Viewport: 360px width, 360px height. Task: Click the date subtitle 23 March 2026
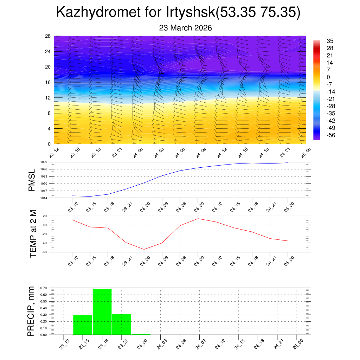point(185,28)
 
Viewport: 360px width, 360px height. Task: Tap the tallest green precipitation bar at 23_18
point(102,311)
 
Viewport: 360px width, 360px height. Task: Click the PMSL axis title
point(32,180)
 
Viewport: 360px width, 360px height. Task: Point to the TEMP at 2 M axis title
point(33,234)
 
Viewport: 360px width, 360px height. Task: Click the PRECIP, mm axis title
point(31,311)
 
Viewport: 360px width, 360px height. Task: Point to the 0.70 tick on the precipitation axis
point(44,288)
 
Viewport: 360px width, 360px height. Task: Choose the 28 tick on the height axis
point(48,36)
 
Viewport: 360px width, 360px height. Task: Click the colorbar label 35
point(330,40)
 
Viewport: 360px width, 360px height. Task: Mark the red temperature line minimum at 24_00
point(144,249)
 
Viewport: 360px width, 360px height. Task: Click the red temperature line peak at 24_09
point(198,219)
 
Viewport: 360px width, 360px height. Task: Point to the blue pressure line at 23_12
point(72,195)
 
